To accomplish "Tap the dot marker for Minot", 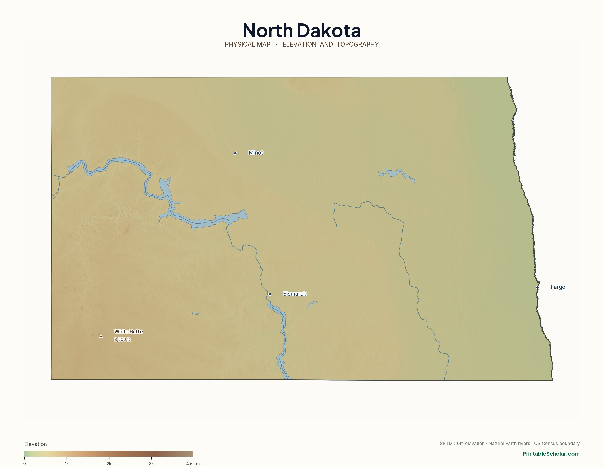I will [235, 153].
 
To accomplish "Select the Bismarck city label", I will [294, 294].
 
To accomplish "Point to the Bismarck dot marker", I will [270, 294].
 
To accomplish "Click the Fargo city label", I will [558, 287].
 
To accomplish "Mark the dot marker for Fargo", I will [537, 288].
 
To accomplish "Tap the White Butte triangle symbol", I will [101, 336].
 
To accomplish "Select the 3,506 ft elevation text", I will [122, 340].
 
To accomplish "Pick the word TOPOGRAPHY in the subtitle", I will [358, 45].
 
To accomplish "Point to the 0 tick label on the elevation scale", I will [25, 464].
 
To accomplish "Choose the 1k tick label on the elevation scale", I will [67, 464].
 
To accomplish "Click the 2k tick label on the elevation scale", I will [109, 464].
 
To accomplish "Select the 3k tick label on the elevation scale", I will [151, 464].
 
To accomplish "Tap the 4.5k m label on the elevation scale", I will [193, 464].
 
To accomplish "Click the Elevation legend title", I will [35, 444].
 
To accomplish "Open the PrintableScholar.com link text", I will [551, 454].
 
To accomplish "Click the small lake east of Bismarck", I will [312, 304].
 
